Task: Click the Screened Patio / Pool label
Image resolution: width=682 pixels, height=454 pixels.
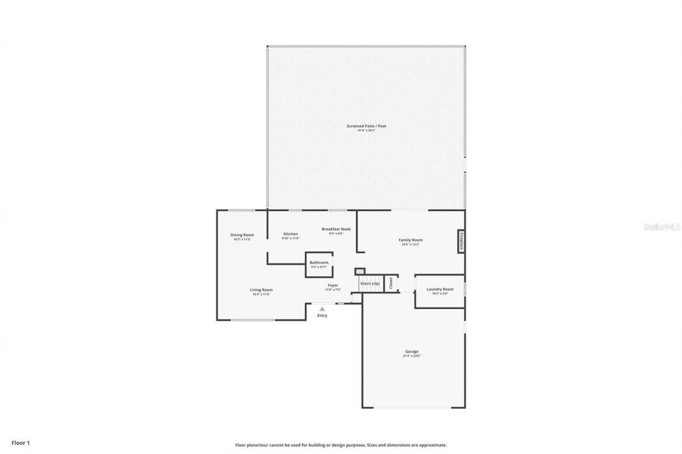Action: click(366, 126)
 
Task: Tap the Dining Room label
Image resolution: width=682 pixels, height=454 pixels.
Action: click(242, 235)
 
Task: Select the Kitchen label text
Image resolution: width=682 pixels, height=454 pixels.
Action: click(290, 234)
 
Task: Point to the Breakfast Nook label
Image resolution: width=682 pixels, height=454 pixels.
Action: click(336, 229)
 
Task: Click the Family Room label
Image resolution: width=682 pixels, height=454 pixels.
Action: click(410, 240)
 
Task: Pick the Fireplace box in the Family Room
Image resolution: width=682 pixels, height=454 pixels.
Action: click(461, 241)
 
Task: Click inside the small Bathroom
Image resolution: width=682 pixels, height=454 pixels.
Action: click(319, 265)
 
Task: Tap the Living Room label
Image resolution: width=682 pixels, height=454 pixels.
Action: click(261, 290)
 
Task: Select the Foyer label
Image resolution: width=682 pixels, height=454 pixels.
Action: click(332, 285)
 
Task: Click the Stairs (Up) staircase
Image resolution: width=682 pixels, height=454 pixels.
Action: click(370, 283)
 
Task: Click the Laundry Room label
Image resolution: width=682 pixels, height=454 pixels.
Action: click(440, 290)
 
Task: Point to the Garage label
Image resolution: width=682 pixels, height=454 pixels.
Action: click(411, 351)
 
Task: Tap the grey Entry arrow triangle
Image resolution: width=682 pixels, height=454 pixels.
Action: click(322, 308)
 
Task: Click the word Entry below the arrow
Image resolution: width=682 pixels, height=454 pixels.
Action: click(322, 316)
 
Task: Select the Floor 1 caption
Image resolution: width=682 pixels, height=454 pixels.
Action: click(21, 442)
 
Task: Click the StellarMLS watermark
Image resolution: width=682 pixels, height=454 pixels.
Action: click(662, 227)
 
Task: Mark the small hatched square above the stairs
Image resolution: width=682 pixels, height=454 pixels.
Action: click(360, 271)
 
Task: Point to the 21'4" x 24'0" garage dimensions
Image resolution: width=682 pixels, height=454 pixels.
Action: click(411, 356)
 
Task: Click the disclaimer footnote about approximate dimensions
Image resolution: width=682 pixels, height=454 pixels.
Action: click(341, 445)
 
